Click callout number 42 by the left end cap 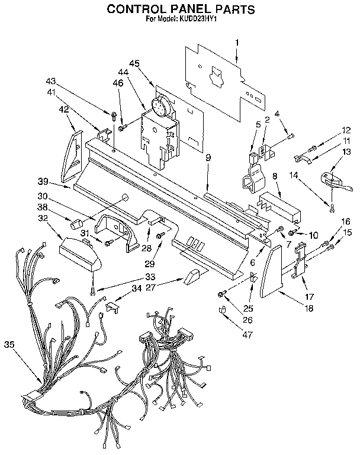63,108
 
